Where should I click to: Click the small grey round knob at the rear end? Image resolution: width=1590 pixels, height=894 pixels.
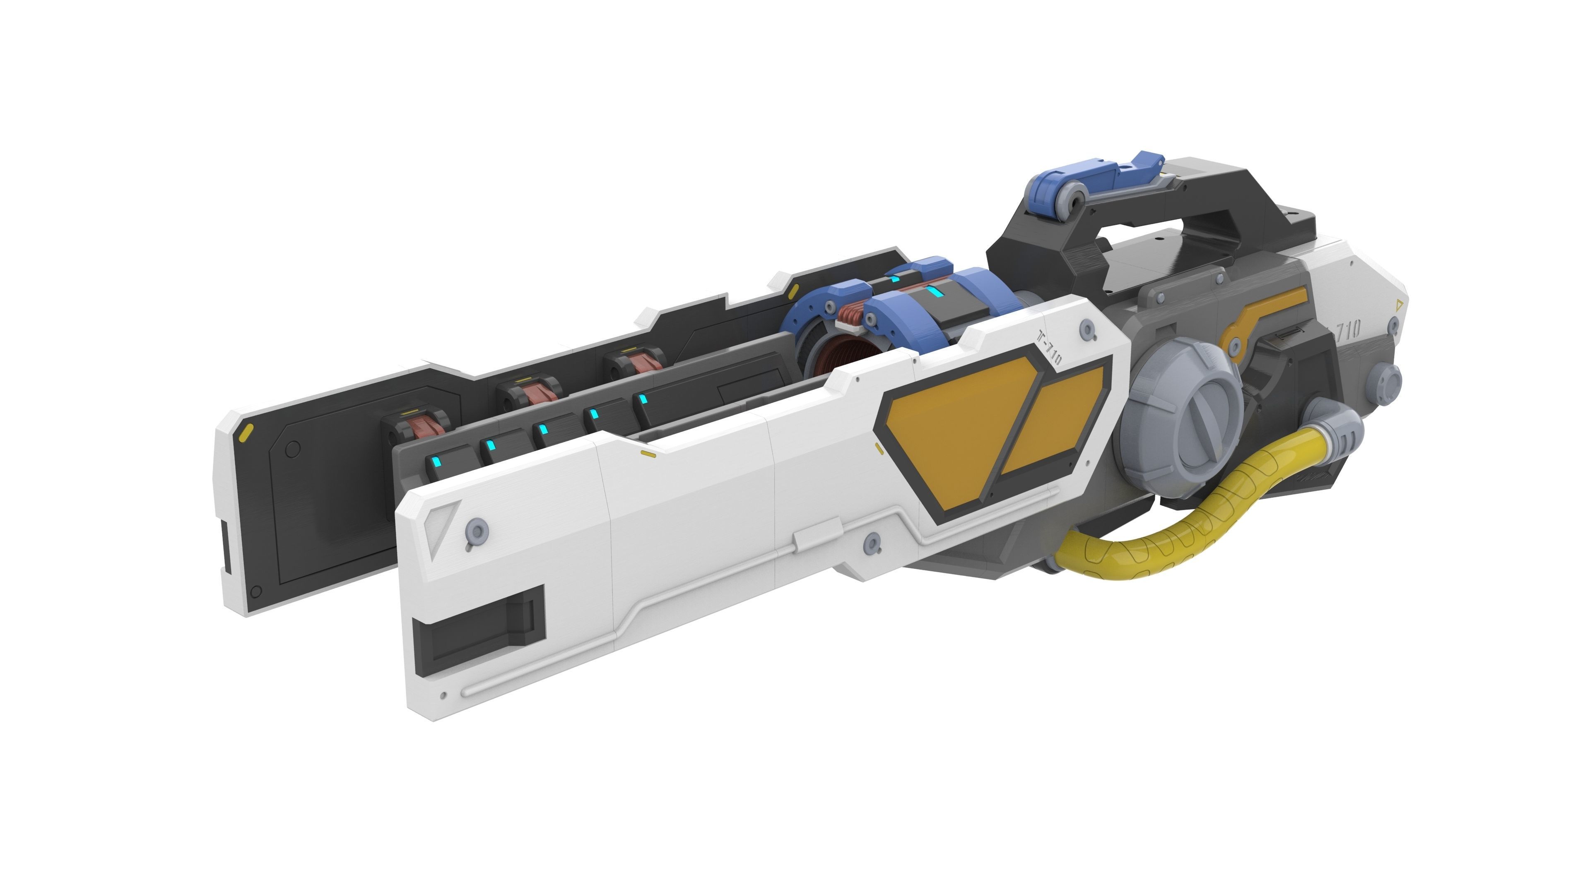point(1389,376)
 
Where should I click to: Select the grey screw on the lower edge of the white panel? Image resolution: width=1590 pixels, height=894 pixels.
point(872,543)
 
